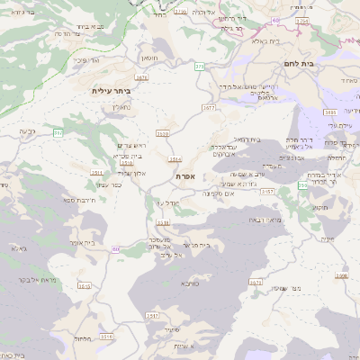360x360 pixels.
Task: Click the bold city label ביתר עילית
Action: [x=112, y=91]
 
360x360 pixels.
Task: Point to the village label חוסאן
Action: [x=149, y=58]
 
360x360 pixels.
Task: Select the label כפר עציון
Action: [x=109, y=184]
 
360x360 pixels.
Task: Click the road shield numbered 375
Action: [x=199, y=67]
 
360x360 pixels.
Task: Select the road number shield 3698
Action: [x=341, y=275]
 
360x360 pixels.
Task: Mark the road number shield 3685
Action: [x=330, y=112]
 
